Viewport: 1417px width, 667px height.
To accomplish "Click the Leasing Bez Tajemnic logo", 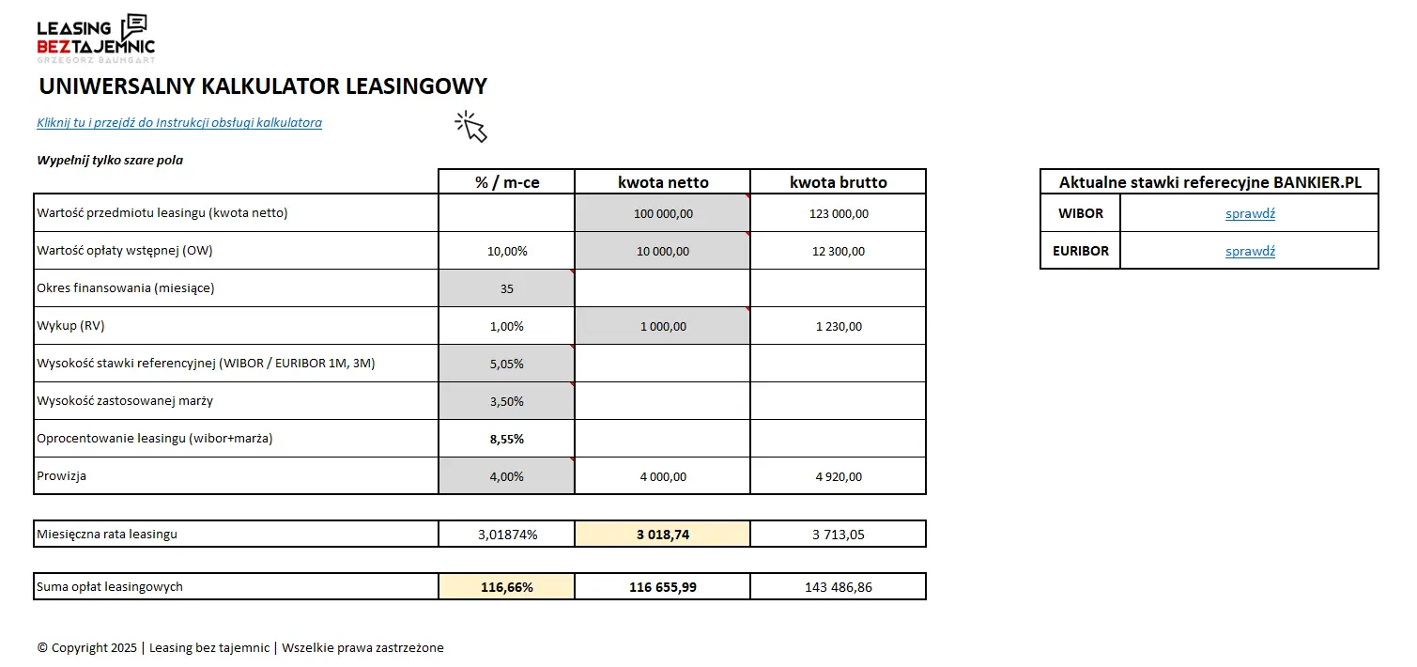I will (95, 38).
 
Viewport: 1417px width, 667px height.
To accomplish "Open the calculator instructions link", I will (179, 123).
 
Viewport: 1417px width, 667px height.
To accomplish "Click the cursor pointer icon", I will (471, 126).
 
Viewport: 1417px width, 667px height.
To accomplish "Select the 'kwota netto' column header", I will (662, 182).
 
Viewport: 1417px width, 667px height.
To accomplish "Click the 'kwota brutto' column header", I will (838, 182).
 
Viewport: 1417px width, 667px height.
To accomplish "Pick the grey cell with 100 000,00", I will (662, 213).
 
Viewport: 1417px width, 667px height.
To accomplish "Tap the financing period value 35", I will (506, 288).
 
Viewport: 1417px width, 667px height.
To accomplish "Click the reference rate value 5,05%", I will (506, 364).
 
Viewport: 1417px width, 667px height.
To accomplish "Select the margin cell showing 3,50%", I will (506, 401).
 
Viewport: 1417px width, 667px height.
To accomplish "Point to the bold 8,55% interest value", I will (506, 439).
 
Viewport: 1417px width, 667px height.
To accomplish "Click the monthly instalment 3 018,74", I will (662, 535).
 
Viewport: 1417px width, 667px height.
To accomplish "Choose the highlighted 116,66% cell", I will (506, 587).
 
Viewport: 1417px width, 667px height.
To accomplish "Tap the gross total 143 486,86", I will (838, 587).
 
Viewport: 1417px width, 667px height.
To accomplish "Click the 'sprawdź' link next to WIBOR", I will (1250, 213).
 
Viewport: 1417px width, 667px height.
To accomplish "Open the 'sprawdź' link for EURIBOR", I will (1250, 251).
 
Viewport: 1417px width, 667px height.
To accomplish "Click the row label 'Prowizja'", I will (61, 476).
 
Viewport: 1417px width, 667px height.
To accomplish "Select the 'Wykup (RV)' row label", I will (70, 326).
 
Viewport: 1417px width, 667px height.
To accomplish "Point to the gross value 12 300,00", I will (838, 251).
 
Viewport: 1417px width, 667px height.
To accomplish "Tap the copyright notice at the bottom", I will (240, 647).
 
